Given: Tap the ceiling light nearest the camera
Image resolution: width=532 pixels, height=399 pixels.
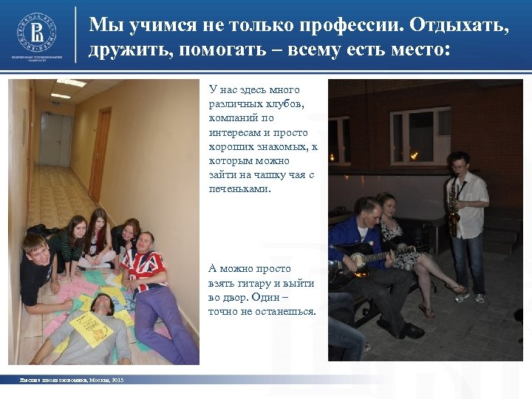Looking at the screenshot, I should (72, 83).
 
